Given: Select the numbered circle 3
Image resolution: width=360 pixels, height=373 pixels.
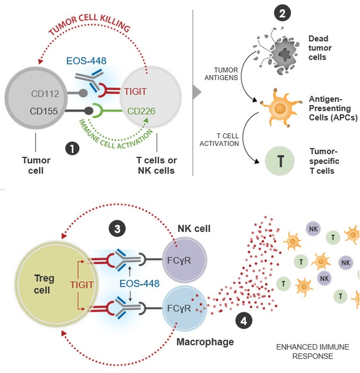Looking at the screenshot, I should click(117, 228).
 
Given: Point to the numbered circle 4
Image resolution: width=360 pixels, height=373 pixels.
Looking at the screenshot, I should click(242, 321).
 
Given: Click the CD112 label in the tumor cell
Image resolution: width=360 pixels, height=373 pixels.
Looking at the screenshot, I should click(46, 94).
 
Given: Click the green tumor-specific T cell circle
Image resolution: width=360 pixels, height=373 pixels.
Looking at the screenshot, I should click(280, 162).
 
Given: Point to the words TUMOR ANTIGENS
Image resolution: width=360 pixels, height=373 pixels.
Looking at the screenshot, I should click(223, 73).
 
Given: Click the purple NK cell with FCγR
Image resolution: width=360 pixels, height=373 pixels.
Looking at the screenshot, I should click(185, 261).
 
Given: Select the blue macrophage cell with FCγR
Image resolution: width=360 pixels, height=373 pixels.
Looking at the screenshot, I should click(185, 309).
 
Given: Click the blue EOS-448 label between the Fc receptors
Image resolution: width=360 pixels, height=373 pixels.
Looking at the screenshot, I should click(139, 282).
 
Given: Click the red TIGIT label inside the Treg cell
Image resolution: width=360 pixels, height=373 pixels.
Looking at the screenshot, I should click(82, 285).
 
